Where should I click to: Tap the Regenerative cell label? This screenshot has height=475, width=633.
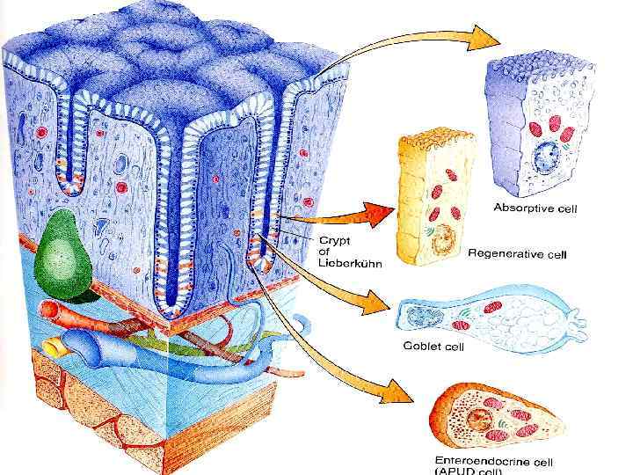click(518, 253)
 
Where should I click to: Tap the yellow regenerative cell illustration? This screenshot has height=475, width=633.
click(435, 198)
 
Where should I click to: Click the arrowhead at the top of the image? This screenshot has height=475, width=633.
click(482, 37)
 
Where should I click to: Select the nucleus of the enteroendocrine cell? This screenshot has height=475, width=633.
click(481, 413)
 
